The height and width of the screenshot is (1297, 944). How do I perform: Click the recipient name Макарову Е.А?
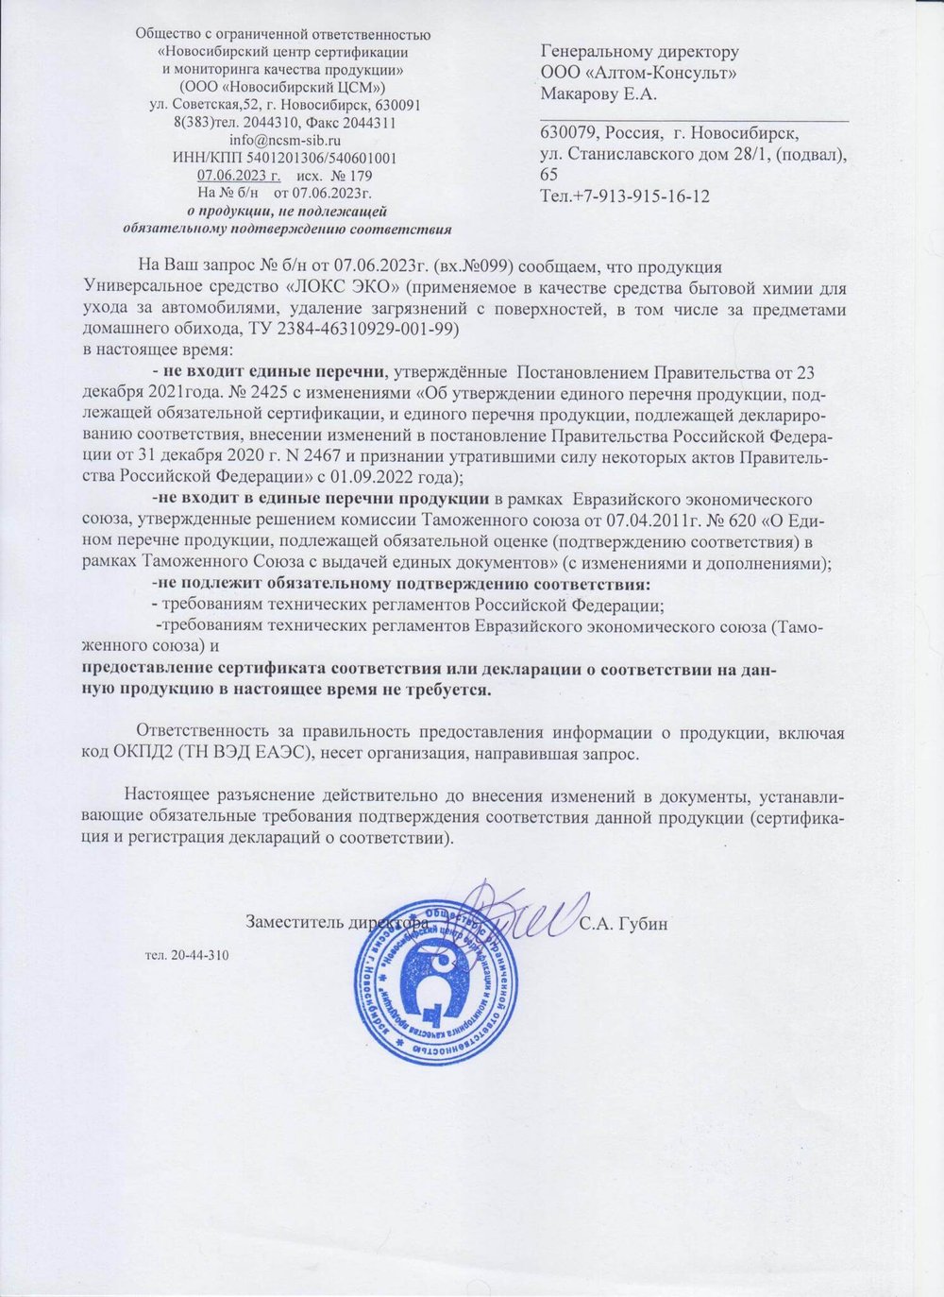598,93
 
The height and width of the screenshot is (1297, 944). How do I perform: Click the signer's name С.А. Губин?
624,923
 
